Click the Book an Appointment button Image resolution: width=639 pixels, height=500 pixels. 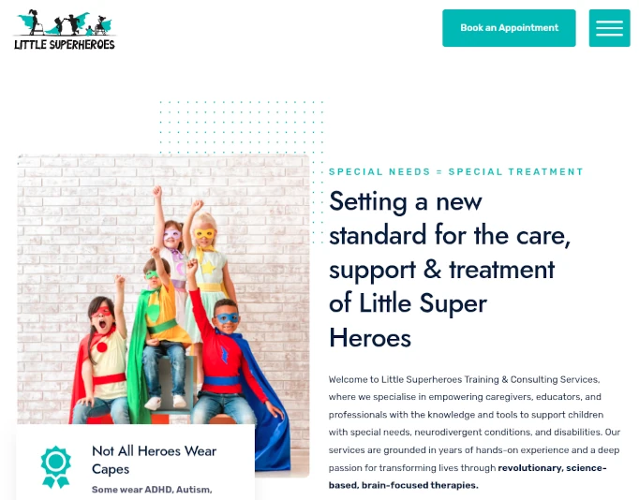pos(509,28)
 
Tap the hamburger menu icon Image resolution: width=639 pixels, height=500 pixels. pos(609,28)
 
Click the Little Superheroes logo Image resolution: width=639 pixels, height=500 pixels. pos(64,30)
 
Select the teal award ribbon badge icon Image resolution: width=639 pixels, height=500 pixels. pos(56,466)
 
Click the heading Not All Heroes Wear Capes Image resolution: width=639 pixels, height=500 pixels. pos(154,460)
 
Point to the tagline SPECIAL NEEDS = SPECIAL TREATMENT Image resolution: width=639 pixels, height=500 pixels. pos(455,171)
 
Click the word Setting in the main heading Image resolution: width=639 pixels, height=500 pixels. pos(368,201)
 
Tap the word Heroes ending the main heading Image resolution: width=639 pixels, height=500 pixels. pos(370,337)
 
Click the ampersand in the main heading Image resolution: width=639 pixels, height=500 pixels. pos(432,270)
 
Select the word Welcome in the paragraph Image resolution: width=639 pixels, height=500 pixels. pos(349,379)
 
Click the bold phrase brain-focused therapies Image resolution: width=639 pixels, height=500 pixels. pos(404,485)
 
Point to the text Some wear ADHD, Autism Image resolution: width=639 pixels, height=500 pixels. pos(152,489)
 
